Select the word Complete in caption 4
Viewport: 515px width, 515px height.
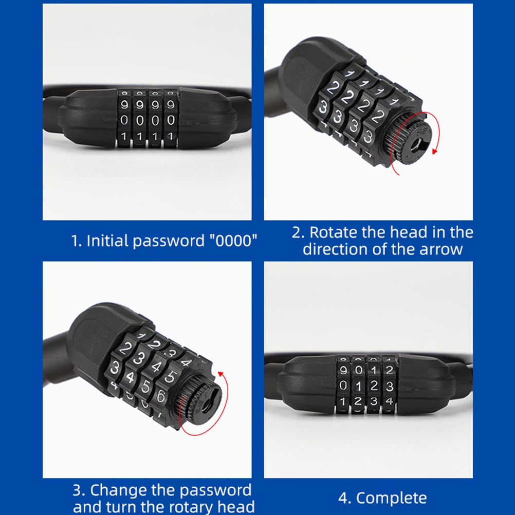coord(392,498)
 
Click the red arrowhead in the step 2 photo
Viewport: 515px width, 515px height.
coord(435,152)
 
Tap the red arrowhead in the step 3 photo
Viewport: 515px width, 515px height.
coord(221,374)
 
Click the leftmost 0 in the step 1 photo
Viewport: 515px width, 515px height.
coord(124,120)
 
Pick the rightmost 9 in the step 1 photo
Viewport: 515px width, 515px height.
coord(171,104)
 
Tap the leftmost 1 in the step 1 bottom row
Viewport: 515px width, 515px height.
coord(123,136)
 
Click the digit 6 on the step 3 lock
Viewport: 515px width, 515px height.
coord(161,395)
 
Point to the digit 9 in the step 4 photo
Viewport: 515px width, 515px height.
coord(343,371)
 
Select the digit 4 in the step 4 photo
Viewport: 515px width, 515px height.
coord(390,401)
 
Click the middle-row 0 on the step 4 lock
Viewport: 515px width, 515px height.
coord(343,385)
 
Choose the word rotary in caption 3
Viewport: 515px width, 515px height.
coord(193,507)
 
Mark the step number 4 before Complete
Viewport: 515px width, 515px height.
coord(343,498)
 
